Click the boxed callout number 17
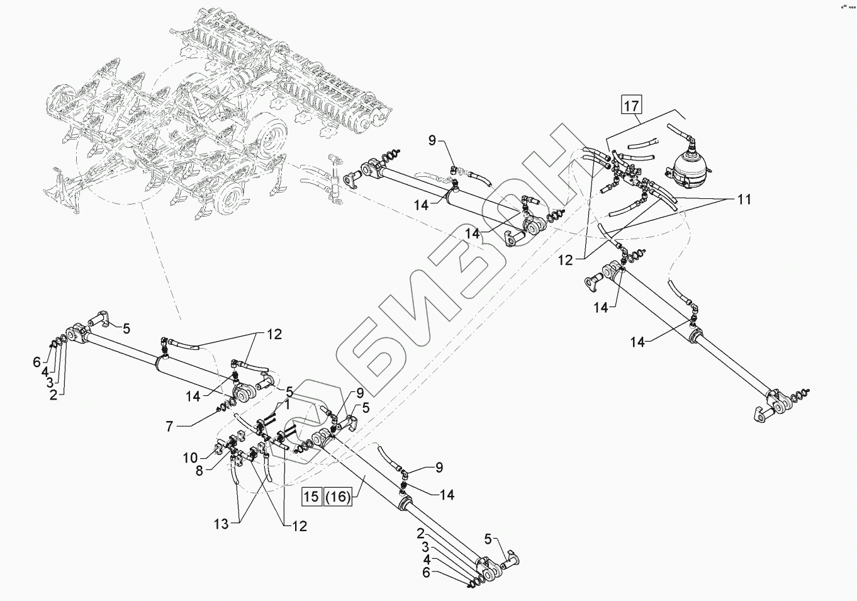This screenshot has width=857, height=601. click(x=631, y=105)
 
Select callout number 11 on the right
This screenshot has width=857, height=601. click(x=744, y=199)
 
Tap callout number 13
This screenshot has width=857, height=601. click(x=221, y=524)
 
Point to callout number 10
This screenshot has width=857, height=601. click(x=190, y=458)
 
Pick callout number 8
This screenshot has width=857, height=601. click(x=199, y=471)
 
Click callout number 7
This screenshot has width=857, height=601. click(x=169, y=427)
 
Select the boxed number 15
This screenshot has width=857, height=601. click(x=311, y=497)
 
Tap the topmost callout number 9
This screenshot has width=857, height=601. click(x=432, y=141)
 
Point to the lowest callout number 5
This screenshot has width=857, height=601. click(x=488, y=540)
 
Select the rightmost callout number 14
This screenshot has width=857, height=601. click(x=637, y=342)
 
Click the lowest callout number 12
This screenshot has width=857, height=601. click(x=299, y=526)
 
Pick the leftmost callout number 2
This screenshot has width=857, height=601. click(x=53, y=395)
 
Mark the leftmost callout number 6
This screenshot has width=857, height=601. click(x=36, y=361)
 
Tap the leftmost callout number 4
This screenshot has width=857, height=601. click(x=45, y=371)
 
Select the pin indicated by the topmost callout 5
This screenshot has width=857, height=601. click(x=100, y=318)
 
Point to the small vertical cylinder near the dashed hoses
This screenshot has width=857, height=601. click(x=334, y=179)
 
